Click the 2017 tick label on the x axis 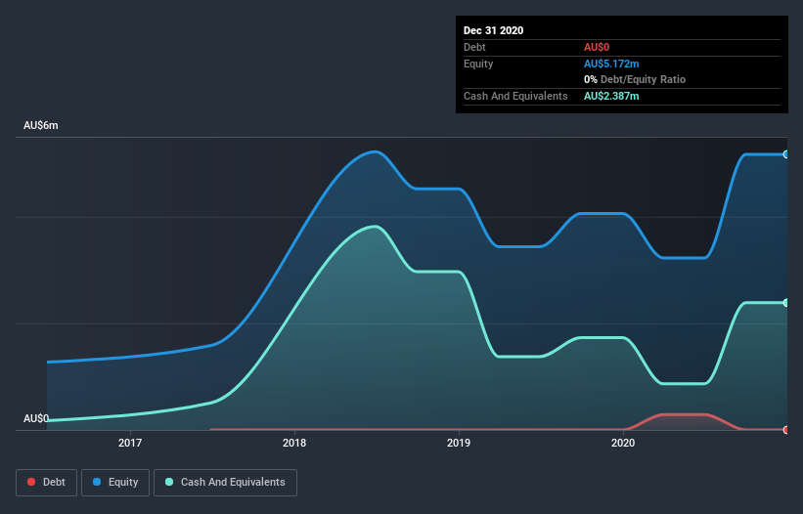click(130, 444)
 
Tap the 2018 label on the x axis click(294, 444)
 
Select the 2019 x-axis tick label click(459, 444)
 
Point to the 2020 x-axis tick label click(623, 444)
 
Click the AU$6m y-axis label click(41, 126)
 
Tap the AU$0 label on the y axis click(36, 418)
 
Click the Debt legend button click(45, 482)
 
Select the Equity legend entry click(115, 482)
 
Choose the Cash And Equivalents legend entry click(225, 482)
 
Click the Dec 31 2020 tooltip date click(493, 30)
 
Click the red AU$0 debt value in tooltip click(598, 47)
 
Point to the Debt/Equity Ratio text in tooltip click(643, 79)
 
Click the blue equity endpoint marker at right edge click(785, 154)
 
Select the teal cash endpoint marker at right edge click(785, 303)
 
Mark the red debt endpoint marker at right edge click(785, 429)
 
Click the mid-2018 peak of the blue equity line click(374, 151)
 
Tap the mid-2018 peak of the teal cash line click(375, 227)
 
